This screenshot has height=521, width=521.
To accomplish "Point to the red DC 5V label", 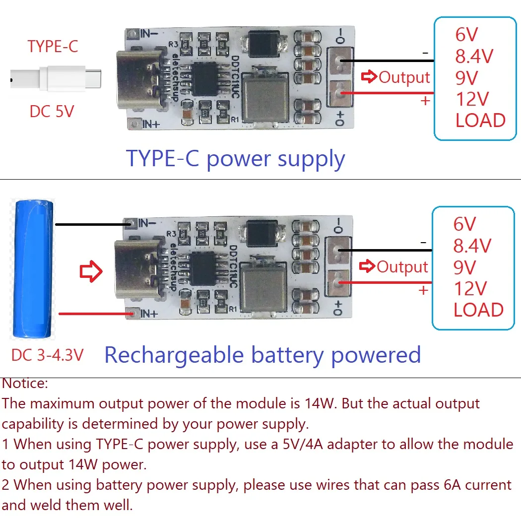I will [51, 111].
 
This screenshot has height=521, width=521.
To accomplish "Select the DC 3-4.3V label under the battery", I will [48, 355].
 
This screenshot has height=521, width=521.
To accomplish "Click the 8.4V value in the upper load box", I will [474, 57].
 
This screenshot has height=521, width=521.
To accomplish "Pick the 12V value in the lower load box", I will [470, 289].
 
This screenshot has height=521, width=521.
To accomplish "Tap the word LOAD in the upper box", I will [480, 121].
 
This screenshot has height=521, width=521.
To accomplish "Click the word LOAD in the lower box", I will [478, 310].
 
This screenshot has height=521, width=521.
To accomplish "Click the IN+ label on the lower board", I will [149, 314].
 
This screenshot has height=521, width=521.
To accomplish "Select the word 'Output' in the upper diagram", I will [404, 78].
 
